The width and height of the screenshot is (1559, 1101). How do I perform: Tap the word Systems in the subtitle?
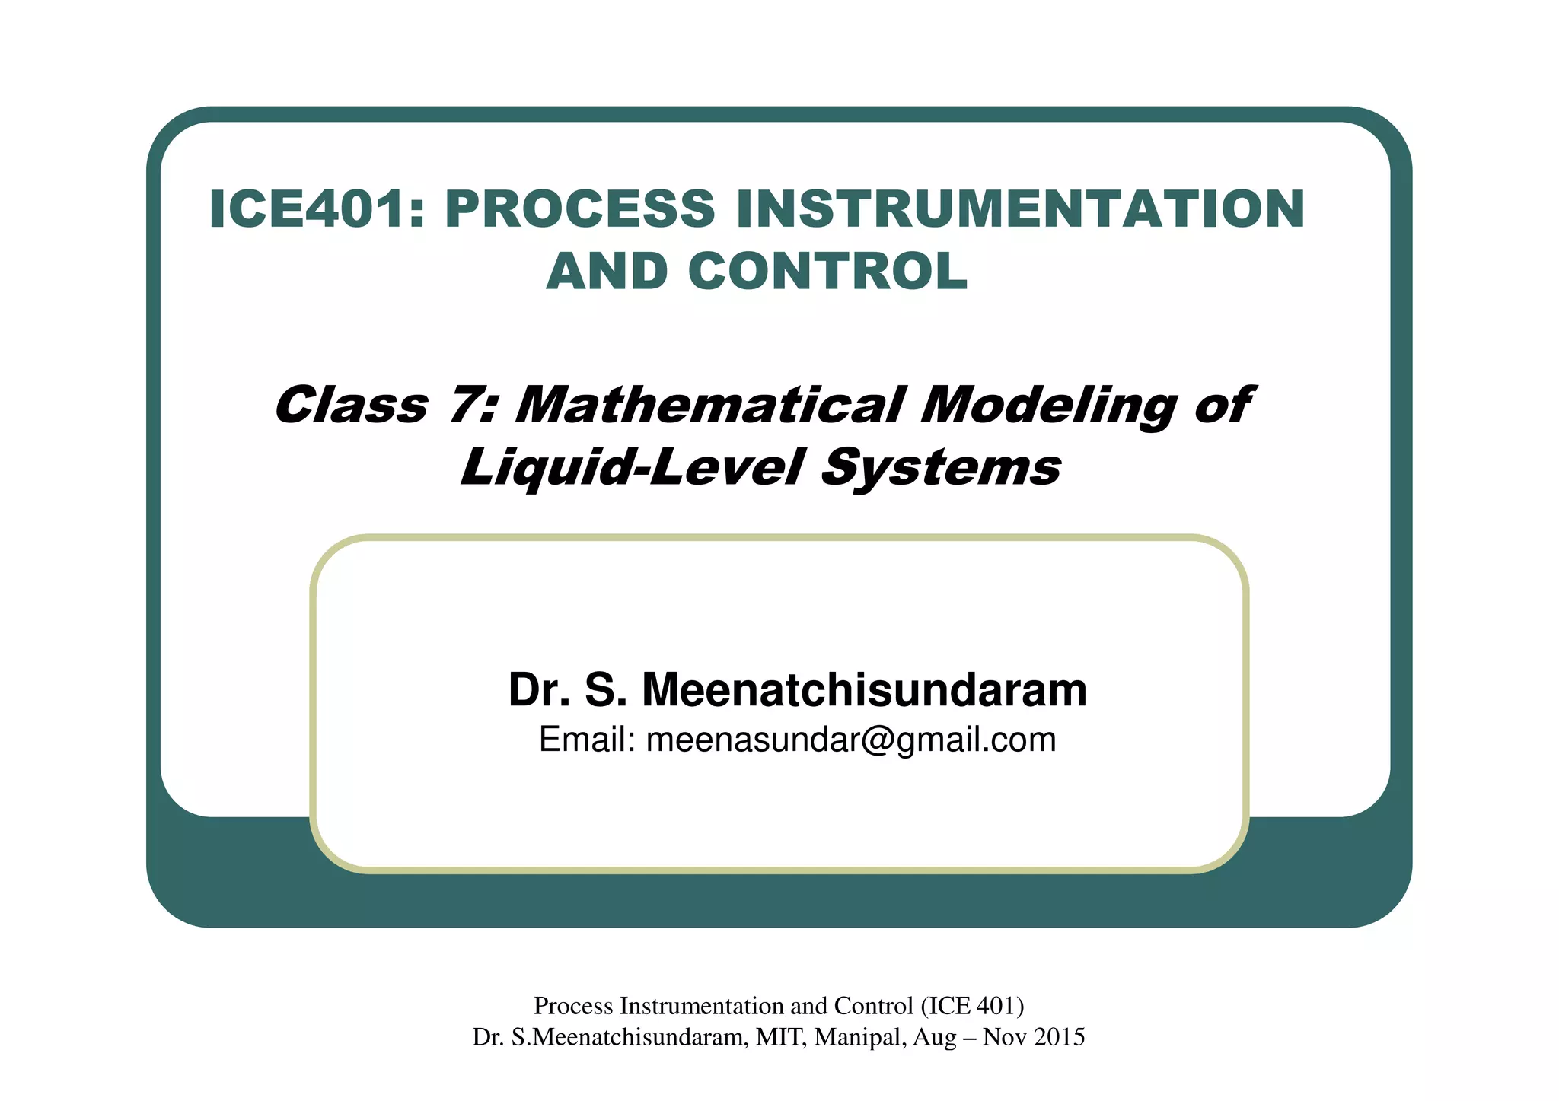pos(941,467)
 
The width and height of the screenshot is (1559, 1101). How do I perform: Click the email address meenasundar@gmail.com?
pos(851,740)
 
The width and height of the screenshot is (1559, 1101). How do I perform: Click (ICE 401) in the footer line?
pos(972,1006)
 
